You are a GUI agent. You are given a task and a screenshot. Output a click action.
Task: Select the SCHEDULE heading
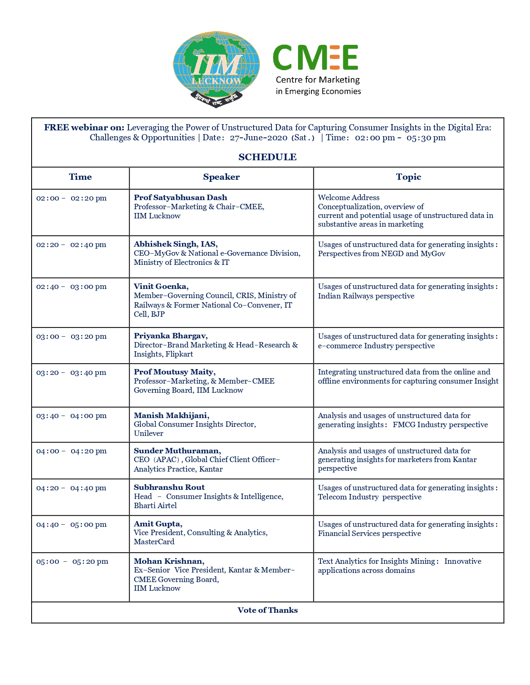click(267, 157)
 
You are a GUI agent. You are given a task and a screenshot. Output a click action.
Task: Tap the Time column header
click(80, 177)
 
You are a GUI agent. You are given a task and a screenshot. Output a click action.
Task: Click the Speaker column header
click(221, 177)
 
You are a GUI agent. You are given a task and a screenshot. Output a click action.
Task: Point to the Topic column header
click(408, 177)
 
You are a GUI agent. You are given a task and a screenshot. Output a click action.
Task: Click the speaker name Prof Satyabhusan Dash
click(180, 198)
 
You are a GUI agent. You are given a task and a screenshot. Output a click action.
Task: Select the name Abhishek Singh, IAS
click(175, 244)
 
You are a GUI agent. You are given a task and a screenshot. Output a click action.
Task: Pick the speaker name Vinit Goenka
click(161, 286)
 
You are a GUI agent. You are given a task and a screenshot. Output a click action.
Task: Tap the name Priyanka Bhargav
click(170, 336)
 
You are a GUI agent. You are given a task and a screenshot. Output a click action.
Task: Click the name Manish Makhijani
click(171, 416)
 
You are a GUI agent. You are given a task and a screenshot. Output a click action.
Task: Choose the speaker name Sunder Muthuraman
click(177, 451)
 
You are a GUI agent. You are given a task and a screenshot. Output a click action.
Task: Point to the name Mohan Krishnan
click(169, 561)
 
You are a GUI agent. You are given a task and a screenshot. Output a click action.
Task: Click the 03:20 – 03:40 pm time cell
click(71, 373)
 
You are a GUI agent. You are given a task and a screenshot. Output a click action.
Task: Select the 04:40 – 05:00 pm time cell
click(71, 525)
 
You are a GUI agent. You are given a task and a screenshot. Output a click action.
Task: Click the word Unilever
click(148, 433)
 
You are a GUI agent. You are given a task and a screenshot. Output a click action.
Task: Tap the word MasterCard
click(154, 542)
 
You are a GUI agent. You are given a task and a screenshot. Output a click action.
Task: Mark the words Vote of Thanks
click(267, 610)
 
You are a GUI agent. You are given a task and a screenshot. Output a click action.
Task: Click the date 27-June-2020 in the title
click(259, 138)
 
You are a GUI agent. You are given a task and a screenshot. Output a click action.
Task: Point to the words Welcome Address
click(348, 198)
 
